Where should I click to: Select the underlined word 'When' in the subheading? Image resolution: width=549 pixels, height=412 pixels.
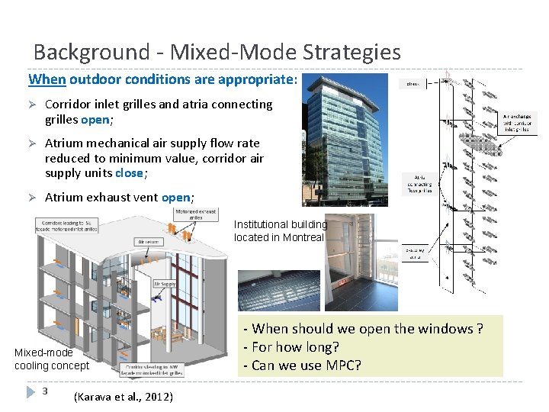point(47,79)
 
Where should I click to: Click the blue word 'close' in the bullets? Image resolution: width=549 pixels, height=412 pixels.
point(129,173)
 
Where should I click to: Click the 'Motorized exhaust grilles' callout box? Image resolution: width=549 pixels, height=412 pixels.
point(196,214)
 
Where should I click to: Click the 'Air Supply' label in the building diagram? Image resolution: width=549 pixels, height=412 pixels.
point(165,284)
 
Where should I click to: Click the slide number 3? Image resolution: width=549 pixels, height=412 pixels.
point(46,391)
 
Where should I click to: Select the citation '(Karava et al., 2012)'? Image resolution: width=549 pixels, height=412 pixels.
point(124,397)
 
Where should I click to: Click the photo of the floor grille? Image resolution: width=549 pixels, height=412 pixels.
point(278,290)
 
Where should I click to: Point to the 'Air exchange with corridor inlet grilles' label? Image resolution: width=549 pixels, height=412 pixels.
point(518,124)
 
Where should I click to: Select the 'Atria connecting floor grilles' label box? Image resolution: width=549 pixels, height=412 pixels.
point(419,184)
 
